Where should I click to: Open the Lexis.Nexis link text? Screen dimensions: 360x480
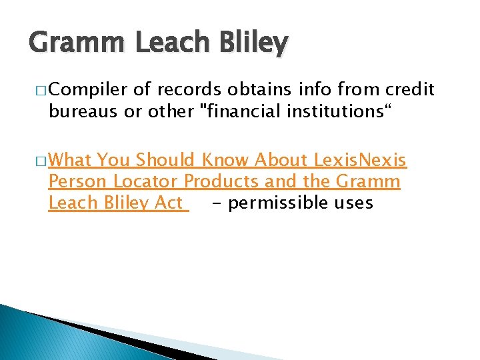pyautogui.click(x=361, y=160)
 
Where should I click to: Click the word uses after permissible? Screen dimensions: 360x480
pyautogui.click(x=355, y=203)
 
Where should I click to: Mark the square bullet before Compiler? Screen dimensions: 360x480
pyautogui.click(x=33, y=90)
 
